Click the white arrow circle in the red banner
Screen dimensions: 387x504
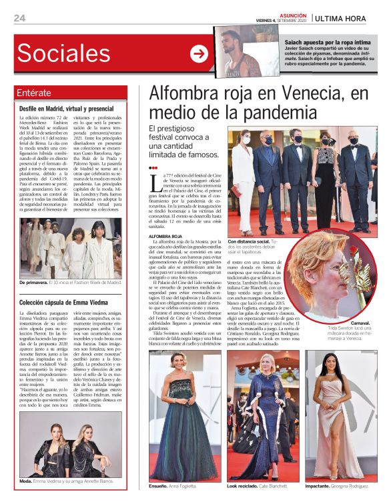pyautogui.click(x=199, y=54)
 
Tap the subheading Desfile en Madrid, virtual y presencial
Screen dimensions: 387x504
pyautogui.click(x=66, y=108)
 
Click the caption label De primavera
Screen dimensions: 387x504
pyautogui.click(x=33, y=283)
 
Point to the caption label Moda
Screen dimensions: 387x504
pyautogui.click(x=25, y=481)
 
